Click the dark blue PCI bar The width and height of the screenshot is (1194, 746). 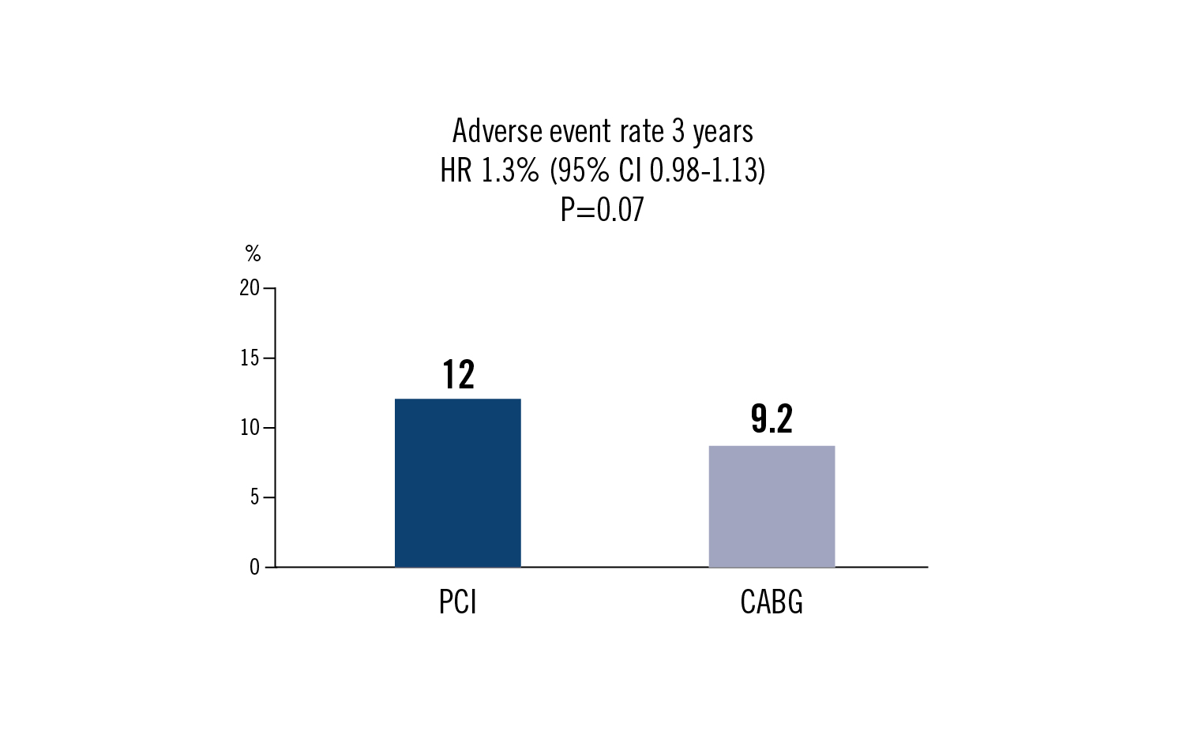pos(457,482)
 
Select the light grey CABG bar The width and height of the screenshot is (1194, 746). pos(772,506)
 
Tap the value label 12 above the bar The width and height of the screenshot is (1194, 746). pos(458,375)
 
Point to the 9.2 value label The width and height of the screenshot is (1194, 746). pos(772,419)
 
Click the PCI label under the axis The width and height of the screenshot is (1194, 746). pos(458,602)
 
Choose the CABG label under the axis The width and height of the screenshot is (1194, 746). pos(772,602)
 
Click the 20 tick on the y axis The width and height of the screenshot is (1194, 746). pos(250,288)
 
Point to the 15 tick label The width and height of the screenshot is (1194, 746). pos(250,358)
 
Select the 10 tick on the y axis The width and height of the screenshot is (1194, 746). pos(250,428)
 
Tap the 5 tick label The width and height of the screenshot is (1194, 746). pos(254,497)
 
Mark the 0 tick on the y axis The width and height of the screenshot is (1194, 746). pos(254,567)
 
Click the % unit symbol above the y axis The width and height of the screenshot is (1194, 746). pos(253,253)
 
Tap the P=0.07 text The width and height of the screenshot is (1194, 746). pos(603,210)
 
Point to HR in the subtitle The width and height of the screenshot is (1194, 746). pos(456,171)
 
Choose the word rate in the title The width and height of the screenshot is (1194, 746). pos(642,131)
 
